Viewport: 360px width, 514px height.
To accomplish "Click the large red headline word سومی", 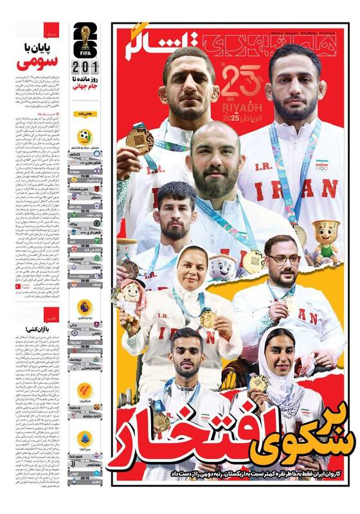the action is pyautogui.click(x=37, y=62).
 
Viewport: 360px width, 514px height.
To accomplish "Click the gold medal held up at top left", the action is pyautogui.click(x=139, y=138).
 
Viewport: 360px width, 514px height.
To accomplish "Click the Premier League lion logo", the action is pyautogui.click(x=85, y=306).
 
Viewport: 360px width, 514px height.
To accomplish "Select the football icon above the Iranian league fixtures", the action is pyautogui.click(x=85, y=136).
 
